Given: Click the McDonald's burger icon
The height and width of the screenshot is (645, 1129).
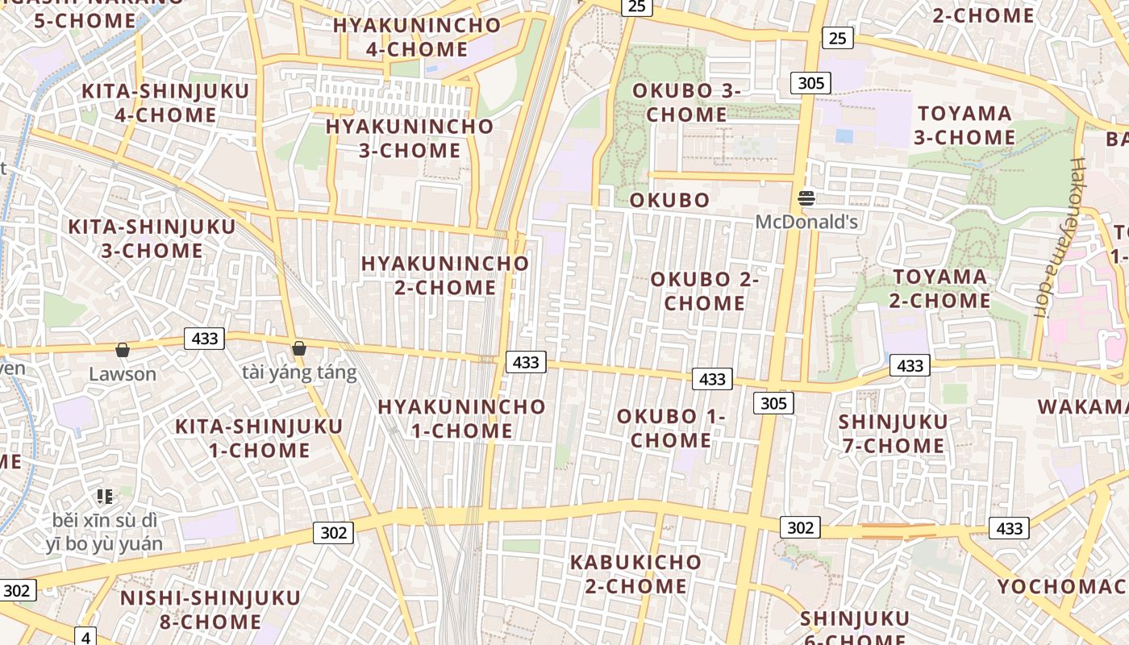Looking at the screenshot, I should coord(806,198).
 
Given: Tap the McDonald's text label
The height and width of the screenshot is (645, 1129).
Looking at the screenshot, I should coord(806,221).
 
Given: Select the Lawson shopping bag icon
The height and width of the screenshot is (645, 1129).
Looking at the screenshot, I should coord(123,350).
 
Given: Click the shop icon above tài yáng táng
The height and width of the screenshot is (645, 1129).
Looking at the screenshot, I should coord(299,348).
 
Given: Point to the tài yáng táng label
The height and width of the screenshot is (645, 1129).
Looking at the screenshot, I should coord(299,372).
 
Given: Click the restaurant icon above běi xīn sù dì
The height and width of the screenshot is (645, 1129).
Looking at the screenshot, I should coord(104,496).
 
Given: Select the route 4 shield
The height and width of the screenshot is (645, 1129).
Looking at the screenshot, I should coord(86,636).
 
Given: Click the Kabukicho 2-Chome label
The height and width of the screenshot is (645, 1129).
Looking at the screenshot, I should coord(635,573).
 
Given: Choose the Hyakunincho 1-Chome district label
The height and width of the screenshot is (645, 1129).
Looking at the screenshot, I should coord(461,418).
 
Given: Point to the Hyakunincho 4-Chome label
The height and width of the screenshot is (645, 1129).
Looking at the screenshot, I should coord(417,37).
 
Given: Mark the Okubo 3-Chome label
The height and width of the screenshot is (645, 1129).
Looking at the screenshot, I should coord(686,102).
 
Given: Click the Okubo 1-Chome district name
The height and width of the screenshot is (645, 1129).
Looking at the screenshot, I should coord(671,428).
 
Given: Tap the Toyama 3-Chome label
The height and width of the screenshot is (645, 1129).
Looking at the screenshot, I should coord(964,125).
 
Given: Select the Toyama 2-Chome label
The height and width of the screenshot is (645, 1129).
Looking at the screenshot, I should coord(939,289).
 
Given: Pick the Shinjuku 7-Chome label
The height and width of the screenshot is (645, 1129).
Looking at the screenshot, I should coord(892,434).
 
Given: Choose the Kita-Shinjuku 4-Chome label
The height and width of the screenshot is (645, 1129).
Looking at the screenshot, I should coord(165,103).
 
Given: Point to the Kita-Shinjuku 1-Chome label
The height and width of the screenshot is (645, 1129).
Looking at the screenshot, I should coord(259,438).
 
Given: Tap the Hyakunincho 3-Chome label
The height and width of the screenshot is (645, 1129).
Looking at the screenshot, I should coord(410,138).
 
